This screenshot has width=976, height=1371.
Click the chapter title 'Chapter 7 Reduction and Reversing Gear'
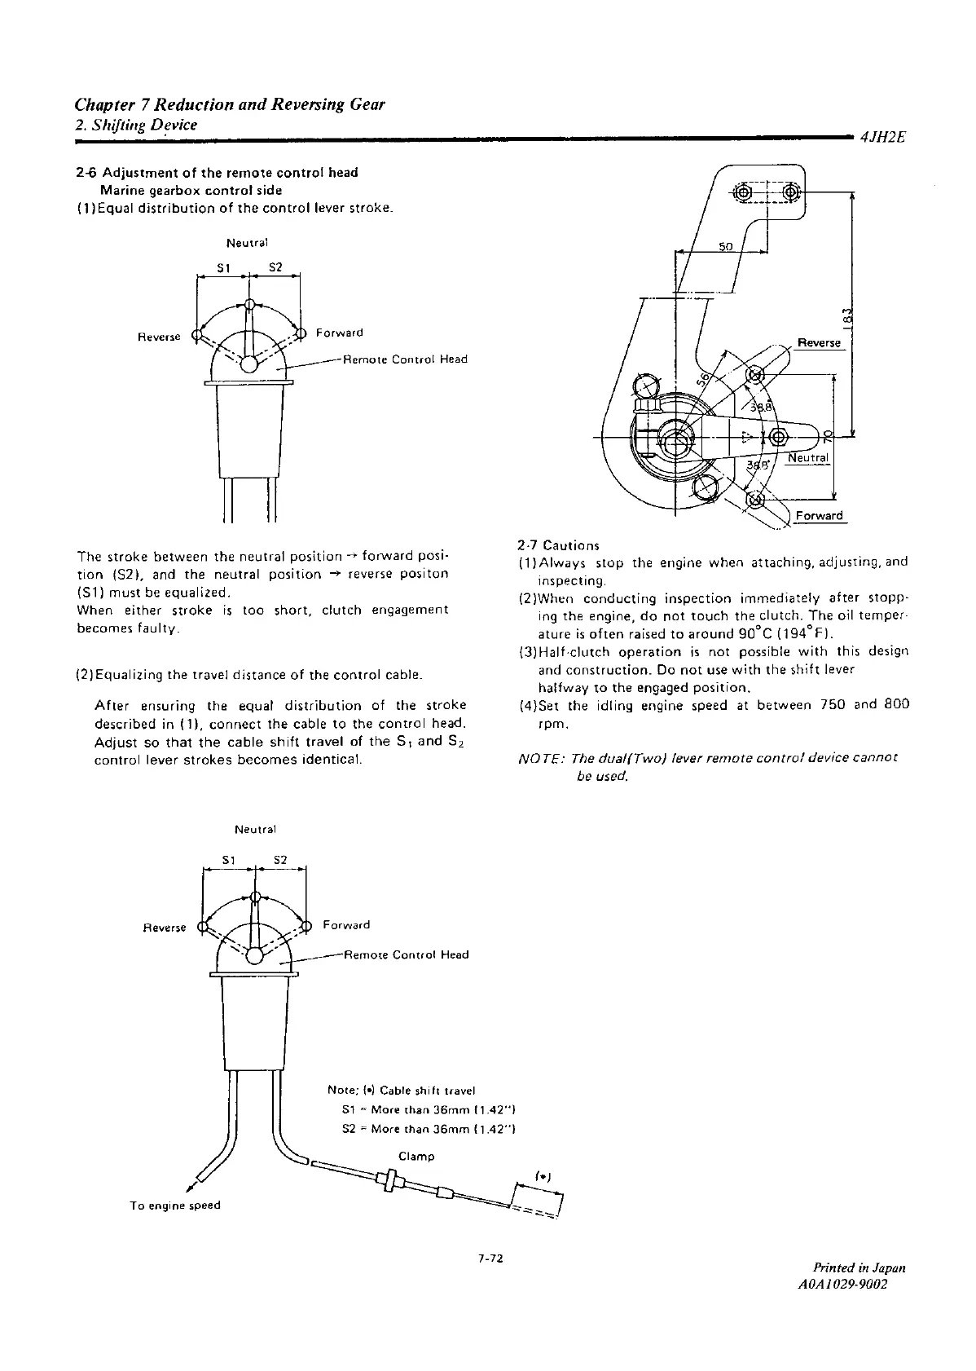pyautogui.click(x=229, y=104)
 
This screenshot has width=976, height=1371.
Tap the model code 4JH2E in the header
pyautogui.click(x=882, y=138)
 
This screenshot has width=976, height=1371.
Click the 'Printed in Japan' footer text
pyautogui.click(x=859, y=1267)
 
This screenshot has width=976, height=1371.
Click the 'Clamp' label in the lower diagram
pyautogui.click(x=416, y=1156)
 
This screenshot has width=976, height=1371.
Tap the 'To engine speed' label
pyautogui.click(x=175, y=1205)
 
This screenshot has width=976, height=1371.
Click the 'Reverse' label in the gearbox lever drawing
pyautogui.click(x=819, y=343)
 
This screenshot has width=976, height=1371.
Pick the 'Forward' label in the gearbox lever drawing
pyautogui.click(x=819, y=516)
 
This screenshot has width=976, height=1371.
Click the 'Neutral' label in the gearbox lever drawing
pyautogui.click(x=807, y=458)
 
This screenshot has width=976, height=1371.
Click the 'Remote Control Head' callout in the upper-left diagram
pyautogui.click(x=405, y=359)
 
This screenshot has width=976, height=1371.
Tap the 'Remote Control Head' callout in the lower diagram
pyautogui.click(x=407, y=954)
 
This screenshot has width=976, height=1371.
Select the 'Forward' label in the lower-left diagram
pyautogui.click(x=346, y=925)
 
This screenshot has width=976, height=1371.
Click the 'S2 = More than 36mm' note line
pyautogui.click(x=430, y=1129)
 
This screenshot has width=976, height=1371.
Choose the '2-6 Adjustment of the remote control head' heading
pyautogui.click(x=216, y=173)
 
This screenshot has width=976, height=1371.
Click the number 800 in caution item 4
pyautogui.click(x=895, y=705)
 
